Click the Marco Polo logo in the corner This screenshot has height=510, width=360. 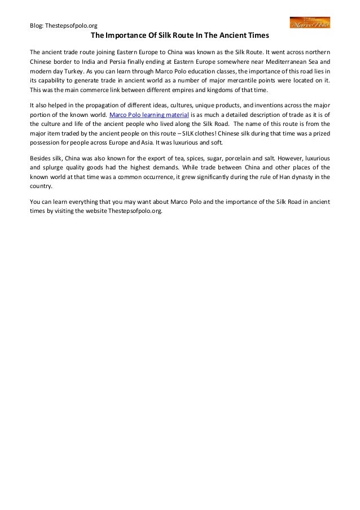[310, 23]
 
